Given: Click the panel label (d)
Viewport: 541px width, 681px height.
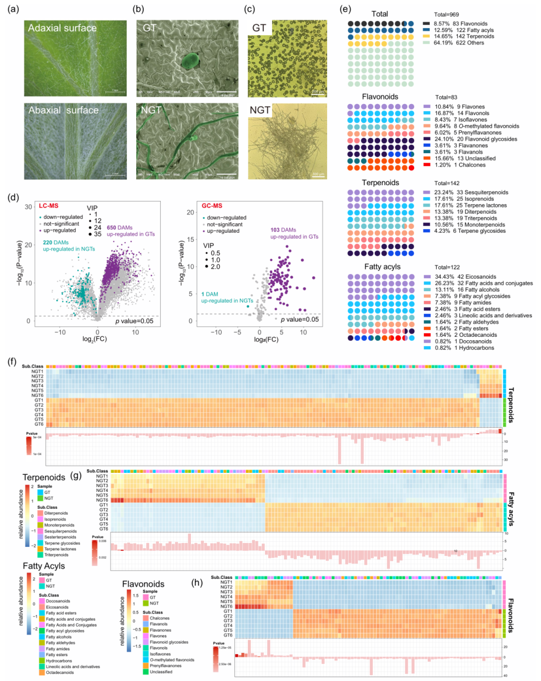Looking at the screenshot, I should click(14, 197).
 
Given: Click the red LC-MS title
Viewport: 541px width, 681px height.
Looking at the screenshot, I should click(49, 206).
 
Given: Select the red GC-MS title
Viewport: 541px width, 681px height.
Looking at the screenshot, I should click(212, 206).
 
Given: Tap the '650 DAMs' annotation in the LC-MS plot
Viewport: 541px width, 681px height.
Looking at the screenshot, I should click(119, 228).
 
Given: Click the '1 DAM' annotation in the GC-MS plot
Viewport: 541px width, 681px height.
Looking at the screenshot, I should click(209, 294).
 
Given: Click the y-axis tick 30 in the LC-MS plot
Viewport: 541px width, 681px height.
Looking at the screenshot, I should click(29, 207).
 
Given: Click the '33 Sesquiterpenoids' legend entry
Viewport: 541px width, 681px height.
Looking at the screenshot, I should click(482, 192).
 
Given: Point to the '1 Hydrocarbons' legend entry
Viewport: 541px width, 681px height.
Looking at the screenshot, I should click(474, 348).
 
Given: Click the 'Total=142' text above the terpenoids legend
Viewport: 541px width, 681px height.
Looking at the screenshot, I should click(447, 183).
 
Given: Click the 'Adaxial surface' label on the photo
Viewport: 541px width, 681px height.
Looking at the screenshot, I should click(62, 28).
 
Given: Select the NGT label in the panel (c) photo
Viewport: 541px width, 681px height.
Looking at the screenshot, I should click(260, 110).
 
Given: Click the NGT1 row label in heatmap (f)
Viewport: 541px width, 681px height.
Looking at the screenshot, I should click(38, 371).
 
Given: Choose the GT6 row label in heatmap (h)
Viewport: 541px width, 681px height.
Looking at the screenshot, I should click(227, 635).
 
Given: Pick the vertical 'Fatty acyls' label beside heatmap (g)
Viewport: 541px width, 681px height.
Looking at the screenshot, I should click(511, 509).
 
